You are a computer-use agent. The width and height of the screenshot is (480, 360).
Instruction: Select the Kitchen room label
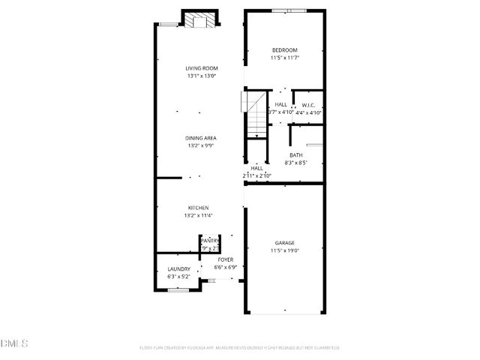[x=199, y=208]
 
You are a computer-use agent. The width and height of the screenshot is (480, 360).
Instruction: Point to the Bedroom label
[x=285, y=50]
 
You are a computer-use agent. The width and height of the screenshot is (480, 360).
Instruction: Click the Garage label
[x=284, y=243]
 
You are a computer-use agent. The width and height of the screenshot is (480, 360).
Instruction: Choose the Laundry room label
[x=178, y=269]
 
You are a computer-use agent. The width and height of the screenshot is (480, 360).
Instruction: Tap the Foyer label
[x=226, y=259]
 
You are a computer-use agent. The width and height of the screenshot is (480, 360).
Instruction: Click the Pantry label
[x=210, y=241]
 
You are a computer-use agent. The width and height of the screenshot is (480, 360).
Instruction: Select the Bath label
[x=296, y=155]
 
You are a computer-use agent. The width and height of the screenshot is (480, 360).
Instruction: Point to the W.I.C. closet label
[x=307, y=105]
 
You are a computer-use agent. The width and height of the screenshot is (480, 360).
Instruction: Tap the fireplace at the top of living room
[x=199, y=20]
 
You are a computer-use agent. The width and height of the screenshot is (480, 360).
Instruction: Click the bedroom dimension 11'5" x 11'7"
[x=285, y=58]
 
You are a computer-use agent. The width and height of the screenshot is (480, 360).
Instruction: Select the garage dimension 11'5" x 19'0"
[x=284, y=250]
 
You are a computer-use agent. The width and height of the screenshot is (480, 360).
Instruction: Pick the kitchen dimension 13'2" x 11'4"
[x=199, y=215]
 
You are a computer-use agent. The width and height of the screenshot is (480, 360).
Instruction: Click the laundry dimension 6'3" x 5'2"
[x=178, y=277]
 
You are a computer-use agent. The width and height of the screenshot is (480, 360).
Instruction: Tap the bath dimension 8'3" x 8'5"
[x=296, y=163]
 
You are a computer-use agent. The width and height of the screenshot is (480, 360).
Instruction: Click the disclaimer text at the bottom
[x=240, y=347]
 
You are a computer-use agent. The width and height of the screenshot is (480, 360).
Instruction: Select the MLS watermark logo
[x=14, y=343]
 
